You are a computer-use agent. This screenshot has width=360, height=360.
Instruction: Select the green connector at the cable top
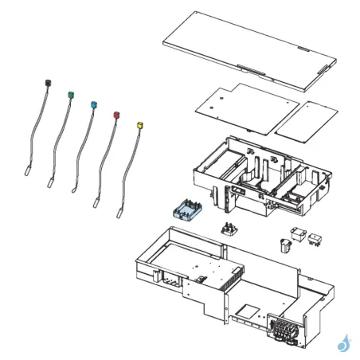click(72, 94)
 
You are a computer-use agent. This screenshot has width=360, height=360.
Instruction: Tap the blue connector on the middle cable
click(94, 104)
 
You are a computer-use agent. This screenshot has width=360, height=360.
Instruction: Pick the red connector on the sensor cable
click(117, 115)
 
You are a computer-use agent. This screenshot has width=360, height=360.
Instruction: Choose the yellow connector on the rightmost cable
click(141, 125)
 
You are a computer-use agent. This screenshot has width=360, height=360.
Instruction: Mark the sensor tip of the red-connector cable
click(96, 203)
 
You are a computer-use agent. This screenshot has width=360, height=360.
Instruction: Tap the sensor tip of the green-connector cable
click(50, 182)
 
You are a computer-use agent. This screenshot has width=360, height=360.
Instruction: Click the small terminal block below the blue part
click(229, 230)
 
